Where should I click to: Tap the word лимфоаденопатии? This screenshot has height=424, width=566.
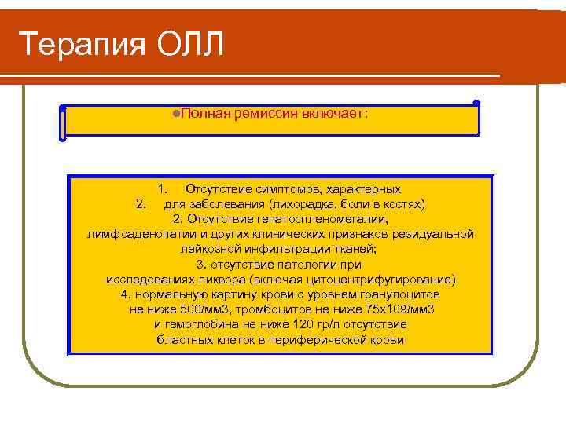coord(134,234)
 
